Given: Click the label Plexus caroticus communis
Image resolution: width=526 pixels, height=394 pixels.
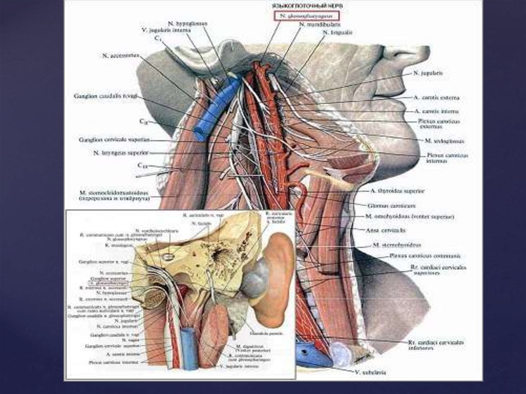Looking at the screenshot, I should coord(424,255).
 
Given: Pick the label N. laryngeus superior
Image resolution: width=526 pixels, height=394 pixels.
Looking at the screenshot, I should coord(121,153).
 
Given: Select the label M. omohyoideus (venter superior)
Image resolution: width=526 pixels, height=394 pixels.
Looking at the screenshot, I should coord(410,217).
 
